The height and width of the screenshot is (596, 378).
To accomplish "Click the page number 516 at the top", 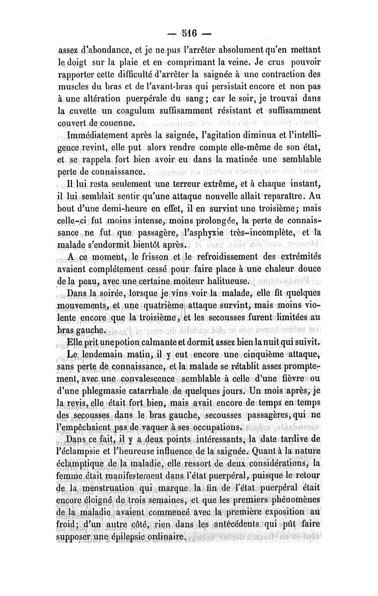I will [189, 34].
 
